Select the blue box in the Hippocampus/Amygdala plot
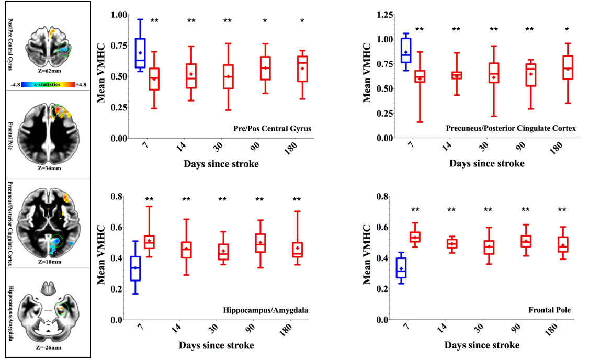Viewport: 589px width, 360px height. (x=135, y=268)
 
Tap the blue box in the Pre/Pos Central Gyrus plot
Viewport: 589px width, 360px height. (x=140, y=53)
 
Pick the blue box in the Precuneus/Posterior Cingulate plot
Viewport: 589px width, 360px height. (x=405, y=50)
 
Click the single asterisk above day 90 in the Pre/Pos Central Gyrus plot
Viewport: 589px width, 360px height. (x=265, y=21)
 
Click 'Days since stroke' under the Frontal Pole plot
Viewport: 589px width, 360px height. (x=482, y=345)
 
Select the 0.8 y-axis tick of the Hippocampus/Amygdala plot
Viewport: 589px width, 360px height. (x=118, y=197)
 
